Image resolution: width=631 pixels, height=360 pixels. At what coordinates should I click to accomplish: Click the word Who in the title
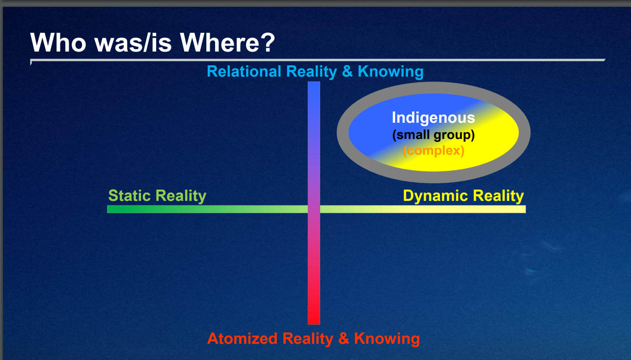click(x=58, y=43)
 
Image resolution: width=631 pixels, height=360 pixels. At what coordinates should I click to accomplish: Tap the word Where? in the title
click(x=227, y=43)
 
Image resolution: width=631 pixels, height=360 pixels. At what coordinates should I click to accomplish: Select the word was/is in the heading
click(x=133, y=43)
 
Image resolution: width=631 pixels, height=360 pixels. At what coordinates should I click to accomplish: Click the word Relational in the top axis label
click(x=244, y=71)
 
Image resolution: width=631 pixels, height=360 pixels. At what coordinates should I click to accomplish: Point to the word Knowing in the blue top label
click(x=390, y=72)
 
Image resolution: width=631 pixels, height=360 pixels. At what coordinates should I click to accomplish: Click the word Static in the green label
click(x=129, y=195)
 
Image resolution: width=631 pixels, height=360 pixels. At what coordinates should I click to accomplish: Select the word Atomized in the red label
click(x=242, y=338)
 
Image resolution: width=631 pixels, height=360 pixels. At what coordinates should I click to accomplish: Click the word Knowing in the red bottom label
click(x=387, y=339)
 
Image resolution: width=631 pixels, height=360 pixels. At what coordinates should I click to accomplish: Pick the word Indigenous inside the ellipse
click(x=433, y=118)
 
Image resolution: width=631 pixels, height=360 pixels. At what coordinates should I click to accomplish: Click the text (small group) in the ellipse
click(x=433, y=135)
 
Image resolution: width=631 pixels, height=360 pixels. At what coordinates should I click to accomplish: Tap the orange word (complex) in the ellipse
click(x=433, y=150)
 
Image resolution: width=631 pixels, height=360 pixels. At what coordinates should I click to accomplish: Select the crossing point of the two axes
click(x=314, y=209)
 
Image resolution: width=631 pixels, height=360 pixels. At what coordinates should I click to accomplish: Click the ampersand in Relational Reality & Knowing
click(x=347, y=72)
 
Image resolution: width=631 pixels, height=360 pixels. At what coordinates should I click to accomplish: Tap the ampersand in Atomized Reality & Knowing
click(x=344, y=338)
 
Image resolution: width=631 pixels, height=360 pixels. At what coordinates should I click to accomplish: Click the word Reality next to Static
click(x=181, y=196)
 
